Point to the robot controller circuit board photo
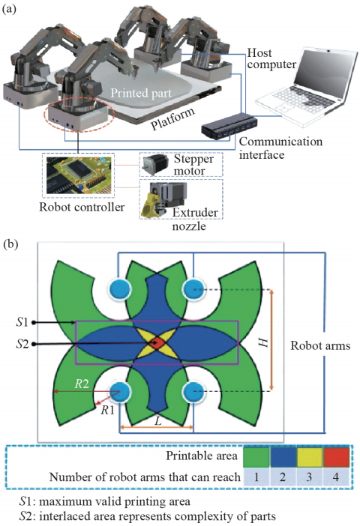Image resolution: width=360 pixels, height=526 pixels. [78, 175]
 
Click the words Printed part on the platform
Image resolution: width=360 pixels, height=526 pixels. [141, 93]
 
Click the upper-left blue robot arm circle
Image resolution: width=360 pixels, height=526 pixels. [120, 288]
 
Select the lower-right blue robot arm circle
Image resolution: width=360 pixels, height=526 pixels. [193, 391]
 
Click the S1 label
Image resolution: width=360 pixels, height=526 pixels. [22, 322]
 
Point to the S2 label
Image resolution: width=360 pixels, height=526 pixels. [22, 344]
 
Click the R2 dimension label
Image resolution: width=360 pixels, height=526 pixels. [82, 384]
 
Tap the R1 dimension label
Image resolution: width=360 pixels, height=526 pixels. [108, 410]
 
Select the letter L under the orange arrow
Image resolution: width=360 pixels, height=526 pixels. [157, 420]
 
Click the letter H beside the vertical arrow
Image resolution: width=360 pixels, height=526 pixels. [264, 342]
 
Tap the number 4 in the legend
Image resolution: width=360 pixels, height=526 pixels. [336, 477]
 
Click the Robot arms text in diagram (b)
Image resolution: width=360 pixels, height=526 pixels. [320, 345]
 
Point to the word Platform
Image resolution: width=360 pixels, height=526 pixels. [172, 119]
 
